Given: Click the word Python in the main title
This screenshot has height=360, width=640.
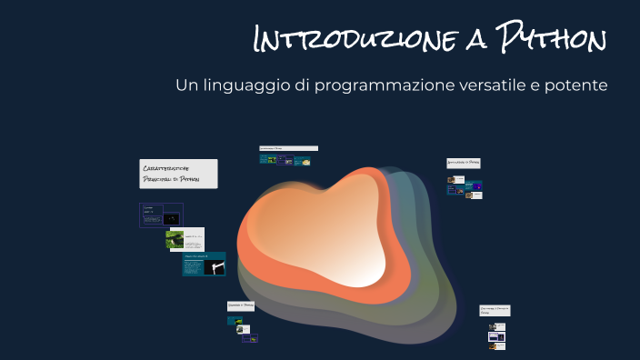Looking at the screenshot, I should pyautogui.click(x=551, y=40).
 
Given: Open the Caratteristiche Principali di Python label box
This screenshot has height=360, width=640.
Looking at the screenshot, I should pyautogui.click(x=178, y=174).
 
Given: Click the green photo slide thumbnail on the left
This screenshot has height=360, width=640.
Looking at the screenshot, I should pyautogui.click(x=185, y=239).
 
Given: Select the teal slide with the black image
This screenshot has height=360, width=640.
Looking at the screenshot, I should pyautogui.click(x=204, y=264).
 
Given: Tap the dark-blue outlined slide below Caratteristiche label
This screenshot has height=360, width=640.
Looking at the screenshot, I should pyautogui.click(x=161, y=215).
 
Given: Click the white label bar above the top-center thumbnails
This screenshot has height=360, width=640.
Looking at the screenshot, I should pyautogui.click(x=288, y=148).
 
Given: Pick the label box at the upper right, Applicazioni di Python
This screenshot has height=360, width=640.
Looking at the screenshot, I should pyautogui.click(x=464, y=164).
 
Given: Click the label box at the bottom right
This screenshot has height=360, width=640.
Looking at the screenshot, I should pyautogui.click(x=495, y=311).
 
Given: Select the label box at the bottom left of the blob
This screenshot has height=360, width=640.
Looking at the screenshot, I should pyautogui.click(x=241, y=306).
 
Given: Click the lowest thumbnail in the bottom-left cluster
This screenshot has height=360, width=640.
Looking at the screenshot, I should pyautogui.click(x=249, y=339).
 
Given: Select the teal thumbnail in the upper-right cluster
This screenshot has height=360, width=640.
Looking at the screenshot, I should pyautogui.click(x=474, y=186).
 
